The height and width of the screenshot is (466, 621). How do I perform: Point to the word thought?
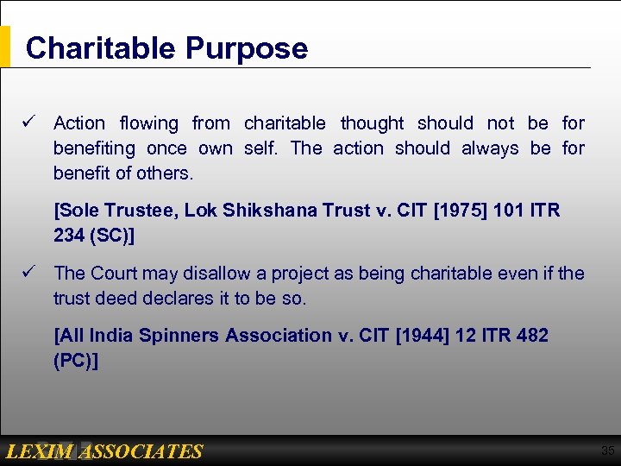372,123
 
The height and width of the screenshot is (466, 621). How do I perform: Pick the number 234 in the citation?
69,235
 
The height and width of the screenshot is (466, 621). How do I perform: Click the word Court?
117,274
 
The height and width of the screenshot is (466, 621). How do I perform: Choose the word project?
303,274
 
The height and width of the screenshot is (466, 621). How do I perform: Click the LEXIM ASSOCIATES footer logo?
103,451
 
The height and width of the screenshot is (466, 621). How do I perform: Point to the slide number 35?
607,450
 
